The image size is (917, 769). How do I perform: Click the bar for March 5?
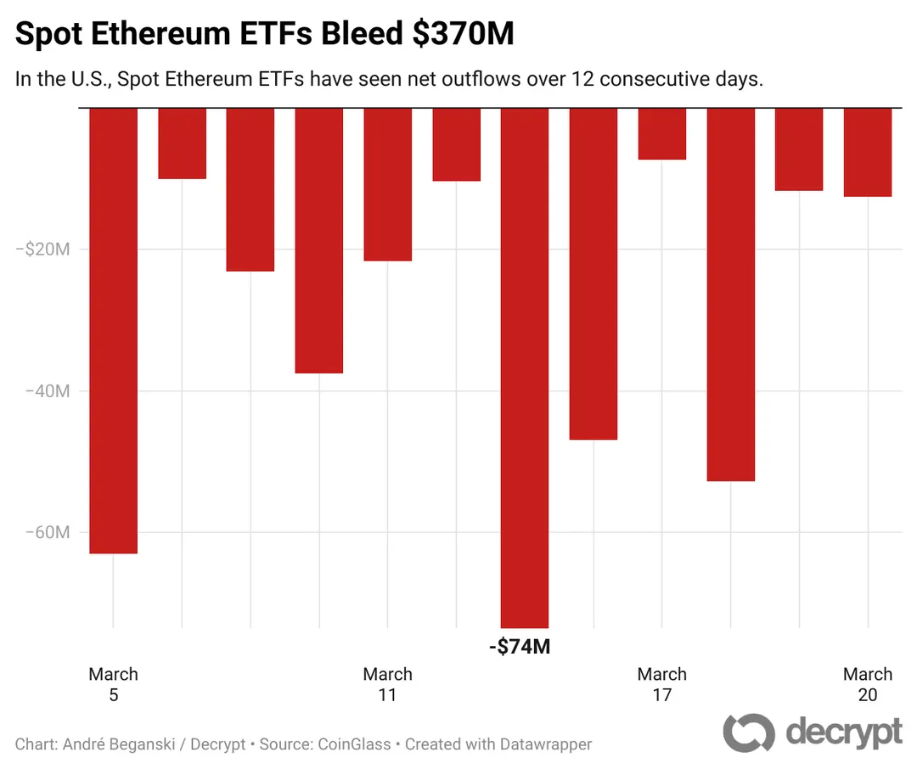113,331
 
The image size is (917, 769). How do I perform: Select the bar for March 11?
387,184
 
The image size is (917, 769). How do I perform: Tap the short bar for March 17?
661,134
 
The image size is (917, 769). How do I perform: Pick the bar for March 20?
867,153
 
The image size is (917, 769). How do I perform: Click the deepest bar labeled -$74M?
524,368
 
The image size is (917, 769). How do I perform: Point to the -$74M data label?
520,648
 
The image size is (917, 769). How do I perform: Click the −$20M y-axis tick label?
47,250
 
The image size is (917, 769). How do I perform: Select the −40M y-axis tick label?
47,391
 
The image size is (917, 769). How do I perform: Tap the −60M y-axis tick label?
47,533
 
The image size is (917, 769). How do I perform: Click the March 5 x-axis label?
113,684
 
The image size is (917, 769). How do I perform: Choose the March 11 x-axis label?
387,684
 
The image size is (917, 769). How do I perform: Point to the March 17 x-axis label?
661,684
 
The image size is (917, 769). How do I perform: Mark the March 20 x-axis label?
867,684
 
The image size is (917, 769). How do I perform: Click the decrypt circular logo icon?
749,733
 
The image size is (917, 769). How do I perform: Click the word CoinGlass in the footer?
354,744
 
